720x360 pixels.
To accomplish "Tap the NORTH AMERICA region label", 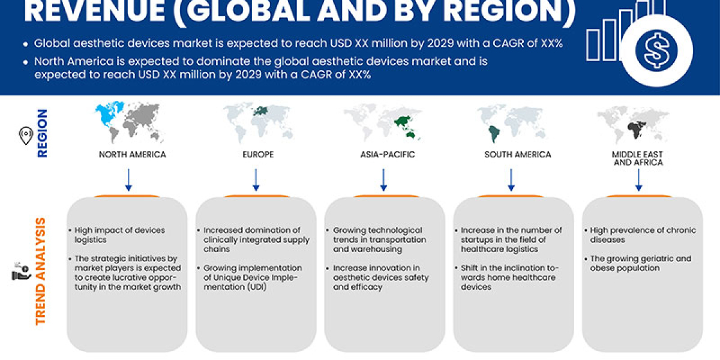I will point(132,154).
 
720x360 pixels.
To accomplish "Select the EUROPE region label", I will point(259,154).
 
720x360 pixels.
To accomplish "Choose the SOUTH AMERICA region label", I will point(517,154).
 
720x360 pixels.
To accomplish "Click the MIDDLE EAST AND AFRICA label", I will point(638,158).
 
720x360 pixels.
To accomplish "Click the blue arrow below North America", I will point(128,179).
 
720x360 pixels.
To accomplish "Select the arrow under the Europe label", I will point(256,179).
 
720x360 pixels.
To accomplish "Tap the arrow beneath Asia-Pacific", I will point(383,179).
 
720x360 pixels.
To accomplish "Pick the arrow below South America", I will point(511,179).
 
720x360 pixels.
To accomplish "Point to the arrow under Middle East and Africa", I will point(639,179).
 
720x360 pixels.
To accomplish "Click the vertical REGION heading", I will point(43,133).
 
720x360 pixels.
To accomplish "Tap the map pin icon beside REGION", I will point(25,136).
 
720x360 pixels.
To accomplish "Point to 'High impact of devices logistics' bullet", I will point(120,235).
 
